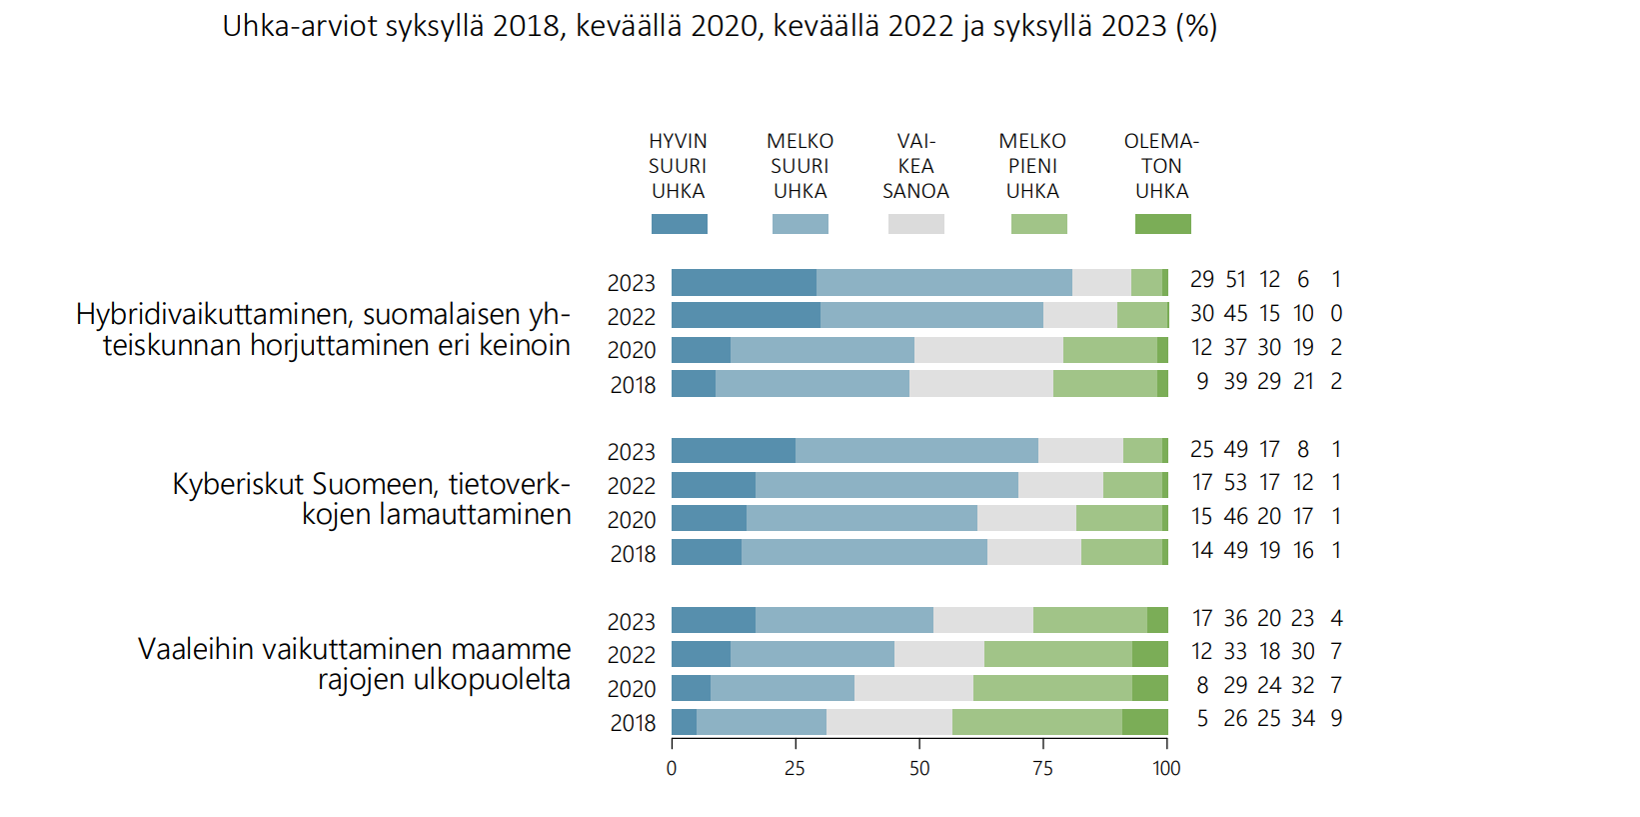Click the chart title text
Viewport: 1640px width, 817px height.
pos(720,26)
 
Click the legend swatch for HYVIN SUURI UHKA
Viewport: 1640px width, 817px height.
pos(679,224)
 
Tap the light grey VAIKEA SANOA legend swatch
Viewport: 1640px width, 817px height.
pos(915,224)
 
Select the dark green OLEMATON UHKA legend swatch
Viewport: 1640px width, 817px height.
pos(1162,224)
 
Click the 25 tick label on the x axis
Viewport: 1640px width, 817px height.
pos(795,768)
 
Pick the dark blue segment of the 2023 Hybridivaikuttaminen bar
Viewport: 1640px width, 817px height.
pos(744,282)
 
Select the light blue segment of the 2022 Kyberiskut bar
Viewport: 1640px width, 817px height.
pos(886,485)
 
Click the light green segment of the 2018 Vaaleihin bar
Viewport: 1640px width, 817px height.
pos(1036,722)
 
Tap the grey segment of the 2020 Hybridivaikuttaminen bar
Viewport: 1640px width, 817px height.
pos(988,350)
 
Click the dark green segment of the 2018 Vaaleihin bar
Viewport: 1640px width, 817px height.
pos(1144,722)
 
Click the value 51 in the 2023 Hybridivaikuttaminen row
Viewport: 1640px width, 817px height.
pos(1236,280)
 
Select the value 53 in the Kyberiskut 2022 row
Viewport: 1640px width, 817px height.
pos(1236,483)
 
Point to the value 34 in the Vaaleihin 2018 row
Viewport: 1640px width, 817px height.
pos(1303,719)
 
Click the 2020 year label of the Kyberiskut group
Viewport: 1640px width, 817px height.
pos(632,520)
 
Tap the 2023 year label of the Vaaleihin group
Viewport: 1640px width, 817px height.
pos(632,622)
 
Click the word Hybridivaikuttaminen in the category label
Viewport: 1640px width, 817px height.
pos(214,315)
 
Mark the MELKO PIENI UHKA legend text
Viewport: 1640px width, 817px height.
pos(1032,166)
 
